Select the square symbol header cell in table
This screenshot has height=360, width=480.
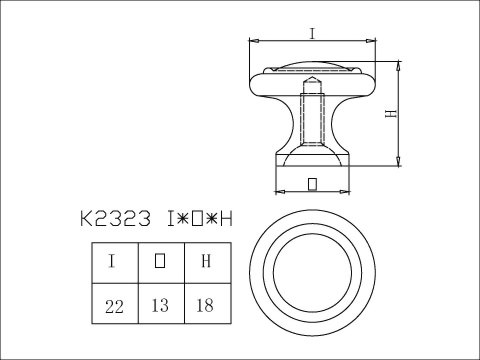pyautogui.click(x=160, y=263)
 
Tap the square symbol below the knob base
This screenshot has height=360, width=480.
pyautogui.click(x=312, y=183)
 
